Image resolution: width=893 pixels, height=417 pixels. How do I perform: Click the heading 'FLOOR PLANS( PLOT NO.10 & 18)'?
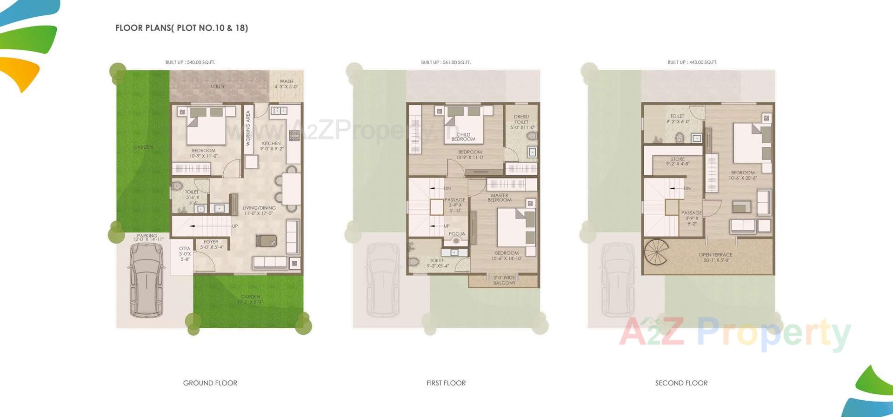[181, 28]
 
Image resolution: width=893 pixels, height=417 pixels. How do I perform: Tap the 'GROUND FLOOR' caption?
[210, 383]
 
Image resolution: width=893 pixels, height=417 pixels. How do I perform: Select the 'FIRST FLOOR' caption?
[446, 383]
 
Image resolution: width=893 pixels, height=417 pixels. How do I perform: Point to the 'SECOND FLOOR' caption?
[681, 383]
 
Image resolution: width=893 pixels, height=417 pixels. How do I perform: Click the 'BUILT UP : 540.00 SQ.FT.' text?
[190, 62]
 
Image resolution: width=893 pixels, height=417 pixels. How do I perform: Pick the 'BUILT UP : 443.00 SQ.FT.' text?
[692, 62]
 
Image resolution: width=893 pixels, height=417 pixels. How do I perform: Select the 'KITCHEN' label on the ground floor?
[271, 144]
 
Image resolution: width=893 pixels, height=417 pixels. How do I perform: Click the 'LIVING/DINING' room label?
[259, 208]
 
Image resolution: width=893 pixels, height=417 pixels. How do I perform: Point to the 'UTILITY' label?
[218, 86]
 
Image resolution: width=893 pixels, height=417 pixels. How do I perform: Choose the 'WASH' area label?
[287, 81]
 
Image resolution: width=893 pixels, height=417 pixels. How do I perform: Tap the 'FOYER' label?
[211, 242]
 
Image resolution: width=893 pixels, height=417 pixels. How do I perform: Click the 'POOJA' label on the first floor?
[457, 234]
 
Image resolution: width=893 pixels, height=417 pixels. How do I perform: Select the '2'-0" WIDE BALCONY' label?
[504, 280]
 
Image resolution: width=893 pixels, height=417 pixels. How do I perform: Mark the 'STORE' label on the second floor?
[678, 159]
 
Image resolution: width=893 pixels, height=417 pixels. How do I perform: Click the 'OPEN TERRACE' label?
[715, 255]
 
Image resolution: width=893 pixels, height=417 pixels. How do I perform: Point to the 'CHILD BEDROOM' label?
[463, 137]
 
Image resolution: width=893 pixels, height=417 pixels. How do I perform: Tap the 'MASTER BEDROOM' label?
[500, 198]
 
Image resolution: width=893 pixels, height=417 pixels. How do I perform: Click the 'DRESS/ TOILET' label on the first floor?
[521, 119]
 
